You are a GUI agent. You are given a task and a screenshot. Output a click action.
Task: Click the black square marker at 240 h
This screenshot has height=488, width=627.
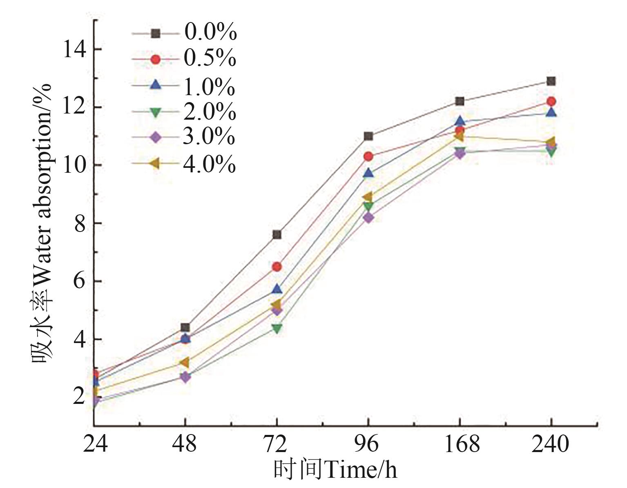coord(551,81)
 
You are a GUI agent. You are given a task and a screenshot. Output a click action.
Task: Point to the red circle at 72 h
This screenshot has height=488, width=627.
coord(277,267)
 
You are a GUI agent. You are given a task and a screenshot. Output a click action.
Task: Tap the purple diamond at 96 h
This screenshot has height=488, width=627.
coord(368,218)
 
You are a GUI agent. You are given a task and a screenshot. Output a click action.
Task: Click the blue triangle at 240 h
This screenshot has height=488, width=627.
coord(551,112)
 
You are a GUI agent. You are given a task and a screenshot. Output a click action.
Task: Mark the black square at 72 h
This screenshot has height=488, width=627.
coord(277,234)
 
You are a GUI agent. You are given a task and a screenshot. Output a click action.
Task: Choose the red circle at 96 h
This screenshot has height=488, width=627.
coord(368,156)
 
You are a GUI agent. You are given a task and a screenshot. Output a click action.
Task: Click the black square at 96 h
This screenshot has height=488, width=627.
coord(368,136)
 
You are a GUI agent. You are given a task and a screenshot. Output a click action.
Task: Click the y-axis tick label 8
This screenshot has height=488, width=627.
coord(80,224)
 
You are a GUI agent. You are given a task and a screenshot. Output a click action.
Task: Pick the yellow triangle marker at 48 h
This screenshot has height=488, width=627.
coord(185,362)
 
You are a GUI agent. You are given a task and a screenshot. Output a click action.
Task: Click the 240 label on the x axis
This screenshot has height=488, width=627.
coord(550,444)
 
